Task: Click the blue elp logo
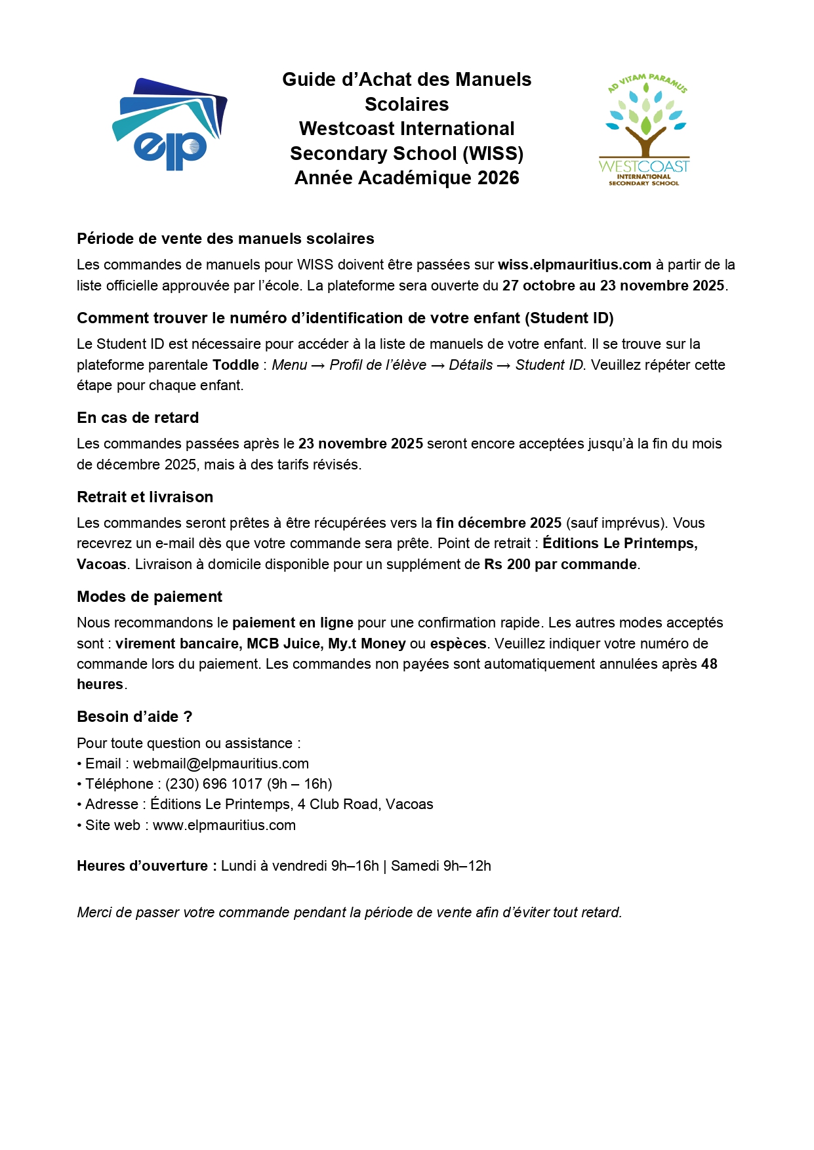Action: pos(170,125)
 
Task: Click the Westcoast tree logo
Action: pos(645,130)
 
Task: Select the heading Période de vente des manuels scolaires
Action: pos(226,239)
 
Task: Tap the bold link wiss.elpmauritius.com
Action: pos(575,265)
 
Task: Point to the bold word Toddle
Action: pos(235,365)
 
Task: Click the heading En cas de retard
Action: pos(138,418)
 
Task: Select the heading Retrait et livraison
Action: pos(145,497)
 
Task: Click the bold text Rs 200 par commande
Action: pos(560,565)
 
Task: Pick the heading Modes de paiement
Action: pos(150,597)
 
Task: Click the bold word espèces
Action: pos(458,644)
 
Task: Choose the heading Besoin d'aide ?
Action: pos(134,717)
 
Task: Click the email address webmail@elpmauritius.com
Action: pos(221,764)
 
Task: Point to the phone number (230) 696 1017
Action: pos(214,784)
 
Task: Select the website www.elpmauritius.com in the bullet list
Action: pos(224,825)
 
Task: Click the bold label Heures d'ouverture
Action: pos(146,866)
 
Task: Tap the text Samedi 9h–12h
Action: pos(441,866)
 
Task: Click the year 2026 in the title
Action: pos(499,178)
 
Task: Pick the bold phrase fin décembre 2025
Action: pos(499,523)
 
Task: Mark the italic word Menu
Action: pos(289,365)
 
